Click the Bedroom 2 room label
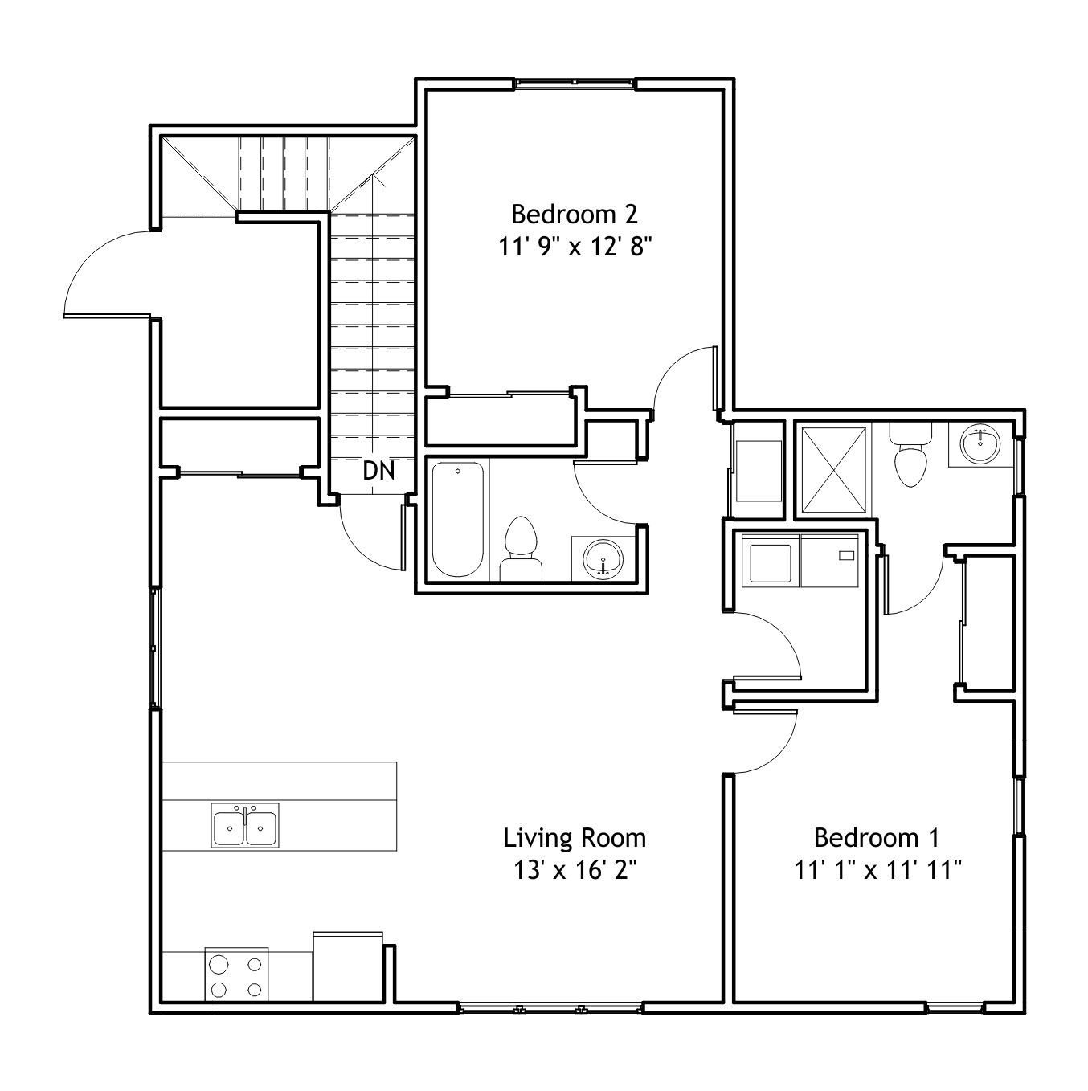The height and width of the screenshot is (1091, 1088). tap(575, 215)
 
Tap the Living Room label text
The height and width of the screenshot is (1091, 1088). tap(575, 839)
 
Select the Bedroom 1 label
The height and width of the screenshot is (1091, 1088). tap(877, 838)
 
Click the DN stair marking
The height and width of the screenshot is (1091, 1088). tap(378, 471)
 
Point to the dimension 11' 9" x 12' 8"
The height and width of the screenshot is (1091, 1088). tap(575, 247)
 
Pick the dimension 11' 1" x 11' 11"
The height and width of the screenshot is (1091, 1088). tap(878, 870)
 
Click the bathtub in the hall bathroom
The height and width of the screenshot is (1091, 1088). tap(458, 519)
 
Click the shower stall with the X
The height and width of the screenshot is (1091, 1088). tap(834, 471)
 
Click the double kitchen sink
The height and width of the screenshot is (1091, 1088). tap(244, 825)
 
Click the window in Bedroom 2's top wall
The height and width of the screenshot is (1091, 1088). tap(575, 84)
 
